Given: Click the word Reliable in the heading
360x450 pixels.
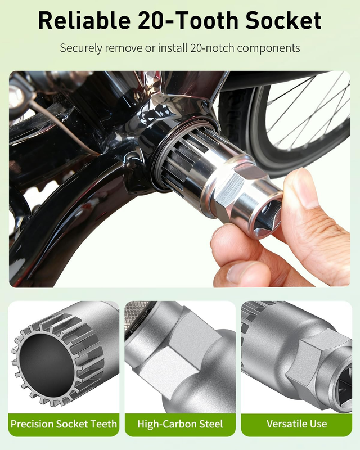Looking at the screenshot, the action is click(x=84, y=21).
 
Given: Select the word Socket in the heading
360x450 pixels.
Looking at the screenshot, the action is click(x=283, y=21).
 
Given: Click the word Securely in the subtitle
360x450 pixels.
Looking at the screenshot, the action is click(x=80, y=48).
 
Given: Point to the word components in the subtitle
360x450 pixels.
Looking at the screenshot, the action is click(x=269, y=48).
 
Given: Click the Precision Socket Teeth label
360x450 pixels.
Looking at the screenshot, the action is click(x=64, y=424).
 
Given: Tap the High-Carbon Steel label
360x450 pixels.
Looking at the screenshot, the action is click(x=180, y=424).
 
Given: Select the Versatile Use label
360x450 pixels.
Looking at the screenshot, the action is click(x=296, y=424).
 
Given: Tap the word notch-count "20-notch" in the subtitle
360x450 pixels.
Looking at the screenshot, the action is click(x=212, y=48).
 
